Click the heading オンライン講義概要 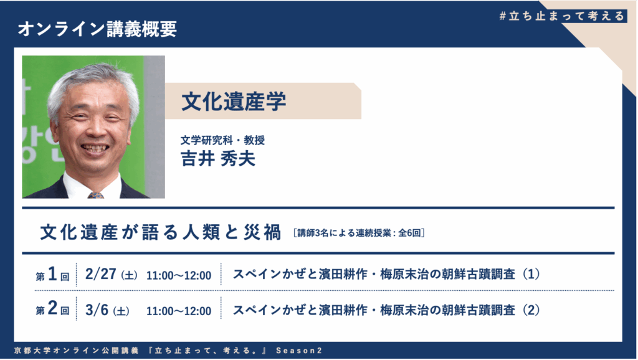tap(97, 29)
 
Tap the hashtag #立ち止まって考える tap(562, 16)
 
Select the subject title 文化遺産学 tap(234, 102)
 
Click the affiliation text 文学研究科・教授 tap(222, 140)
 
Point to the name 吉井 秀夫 tap(218, 158)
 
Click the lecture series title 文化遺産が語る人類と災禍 tap(160, 232)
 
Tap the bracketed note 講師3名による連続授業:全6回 tap(359, 233)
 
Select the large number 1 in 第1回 tap(52, 274)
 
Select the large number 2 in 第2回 tap(52, 308)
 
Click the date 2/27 tap(100, 274)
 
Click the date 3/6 tap(97, 310)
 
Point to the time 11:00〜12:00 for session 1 tap(179, 275)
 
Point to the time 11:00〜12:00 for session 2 tap(179, 311)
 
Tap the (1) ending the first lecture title tap(531, 274)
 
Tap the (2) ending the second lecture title tap(531, 310)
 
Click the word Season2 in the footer tap(299, 351)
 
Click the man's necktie tap(95, 195)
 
